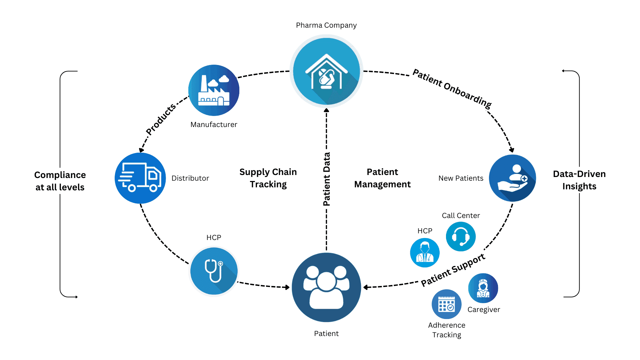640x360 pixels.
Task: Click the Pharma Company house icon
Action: coord(326,71)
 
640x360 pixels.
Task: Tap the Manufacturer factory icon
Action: coord(214,90)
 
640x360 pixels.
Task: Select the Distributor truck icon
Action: coord(140,178)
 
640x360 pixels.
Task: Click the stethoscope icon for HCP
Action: coord(214,271)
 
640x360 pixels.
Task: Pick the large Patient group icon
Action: coord(326,287)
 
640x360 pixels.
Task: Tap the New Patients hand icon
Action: coord(512,178)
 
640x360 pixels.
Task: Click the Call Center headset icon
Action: coord(461,236)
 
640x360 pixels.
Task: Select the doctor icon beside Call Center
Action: coord(425,253)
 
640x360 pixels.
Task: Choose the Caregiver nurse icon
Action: coord(483,288)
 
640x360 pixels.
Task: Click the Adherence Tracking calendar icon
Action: coord(446,304)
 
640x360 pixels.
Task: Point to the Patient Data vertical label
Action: coord(327,179)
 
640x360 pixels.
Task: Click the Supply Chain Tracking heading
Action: coord(268,178)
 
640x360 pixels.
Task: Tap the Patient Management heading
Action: coord(382,178)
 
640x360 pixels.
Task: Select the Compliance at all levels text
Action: coord(60,181)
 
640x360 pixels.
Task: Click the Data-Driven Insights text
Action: coord(579,180)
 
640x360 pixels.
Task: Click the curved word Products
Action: coord(161,119)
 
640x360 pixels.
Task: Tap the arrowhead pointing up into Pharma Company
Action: coord(326,110)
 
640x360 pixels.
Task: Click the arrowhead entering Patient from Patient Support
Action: coord(366,287)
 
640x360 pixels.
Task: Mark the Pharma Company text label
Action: coord(326,25)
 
